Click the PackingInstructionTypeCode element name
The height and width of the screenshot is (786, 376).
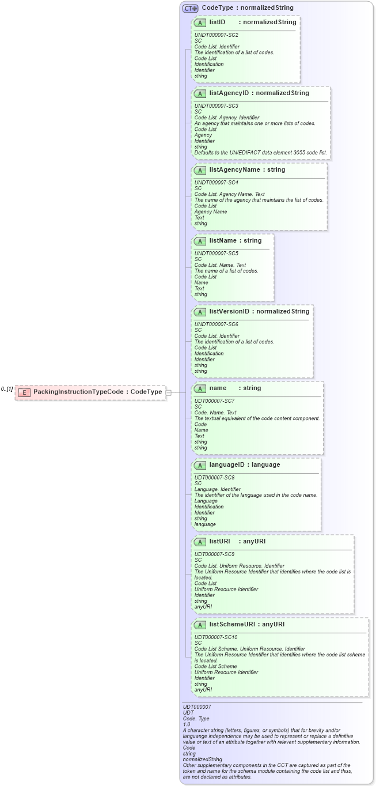[78, 392]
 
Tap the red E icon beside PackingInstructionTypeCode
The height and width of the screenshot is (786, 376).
[24, 392]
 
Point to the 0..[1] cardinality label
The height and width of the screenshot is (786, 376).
[7, 389]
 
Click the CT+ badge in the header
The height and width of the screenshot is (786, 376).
[190, 9]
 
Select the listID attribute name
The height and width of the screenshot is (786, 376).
[217, 22]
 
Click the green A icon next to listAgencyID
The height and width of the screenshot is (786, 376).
[200, 93]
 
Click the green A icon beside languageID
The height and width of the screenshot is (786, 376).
[200, 465]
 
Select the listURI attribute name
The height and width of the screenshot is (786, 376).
[220, 542]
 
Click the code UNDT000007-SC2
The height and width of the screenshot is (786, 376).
[216, 35]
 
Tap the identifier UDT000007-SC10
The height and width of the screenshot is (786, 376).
[217, 637]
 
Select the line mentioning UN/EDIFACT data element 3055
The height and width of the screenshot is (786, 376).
[261, 153]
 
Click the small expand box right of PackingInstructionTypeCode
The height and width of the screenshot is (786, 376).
[168, 392]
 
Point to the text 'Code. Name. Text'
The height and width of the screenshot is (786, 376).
[215, 413]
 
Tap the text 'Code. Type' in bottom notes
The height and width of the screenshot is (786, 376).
[196, 719]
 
